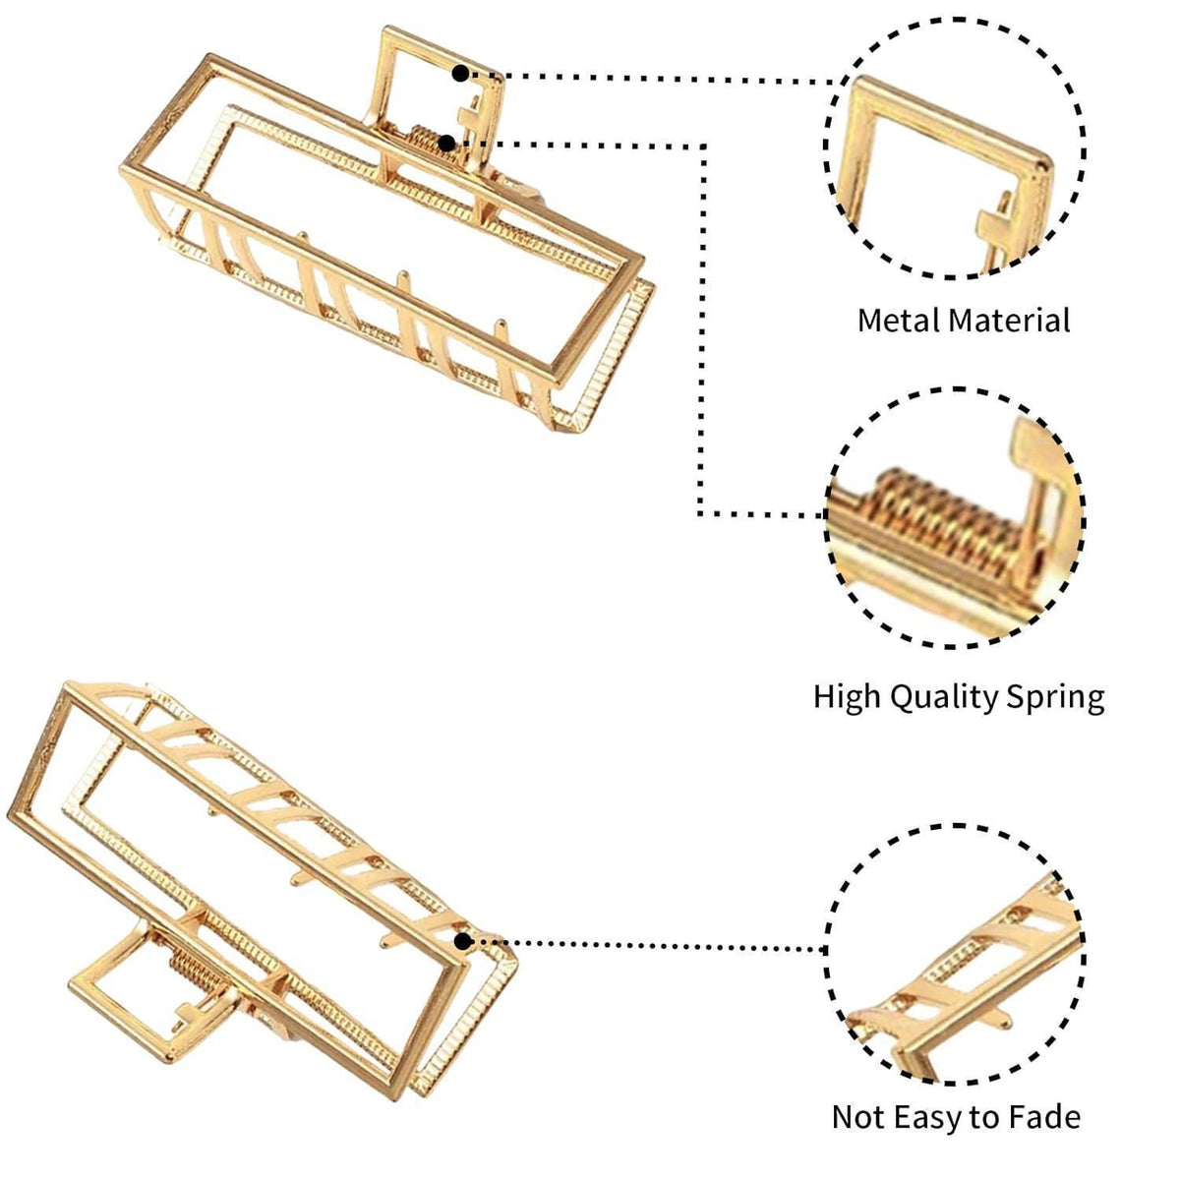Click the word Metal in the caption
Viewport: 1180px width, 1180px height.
click(x=897, y=321)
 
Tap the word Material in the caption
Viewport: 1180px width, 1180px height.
click(x=1009, y=321)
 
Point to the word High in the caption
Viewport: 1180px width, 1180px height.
click(x=847, y=698)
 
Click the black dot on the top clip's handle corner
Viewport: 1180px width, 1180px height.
click(x=461, y=74)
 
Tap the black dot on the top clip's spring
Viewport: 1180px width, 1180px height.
click(x=447, y=144)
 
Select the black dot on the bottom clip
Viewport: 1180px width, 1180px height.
click(x=463, y=942)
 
